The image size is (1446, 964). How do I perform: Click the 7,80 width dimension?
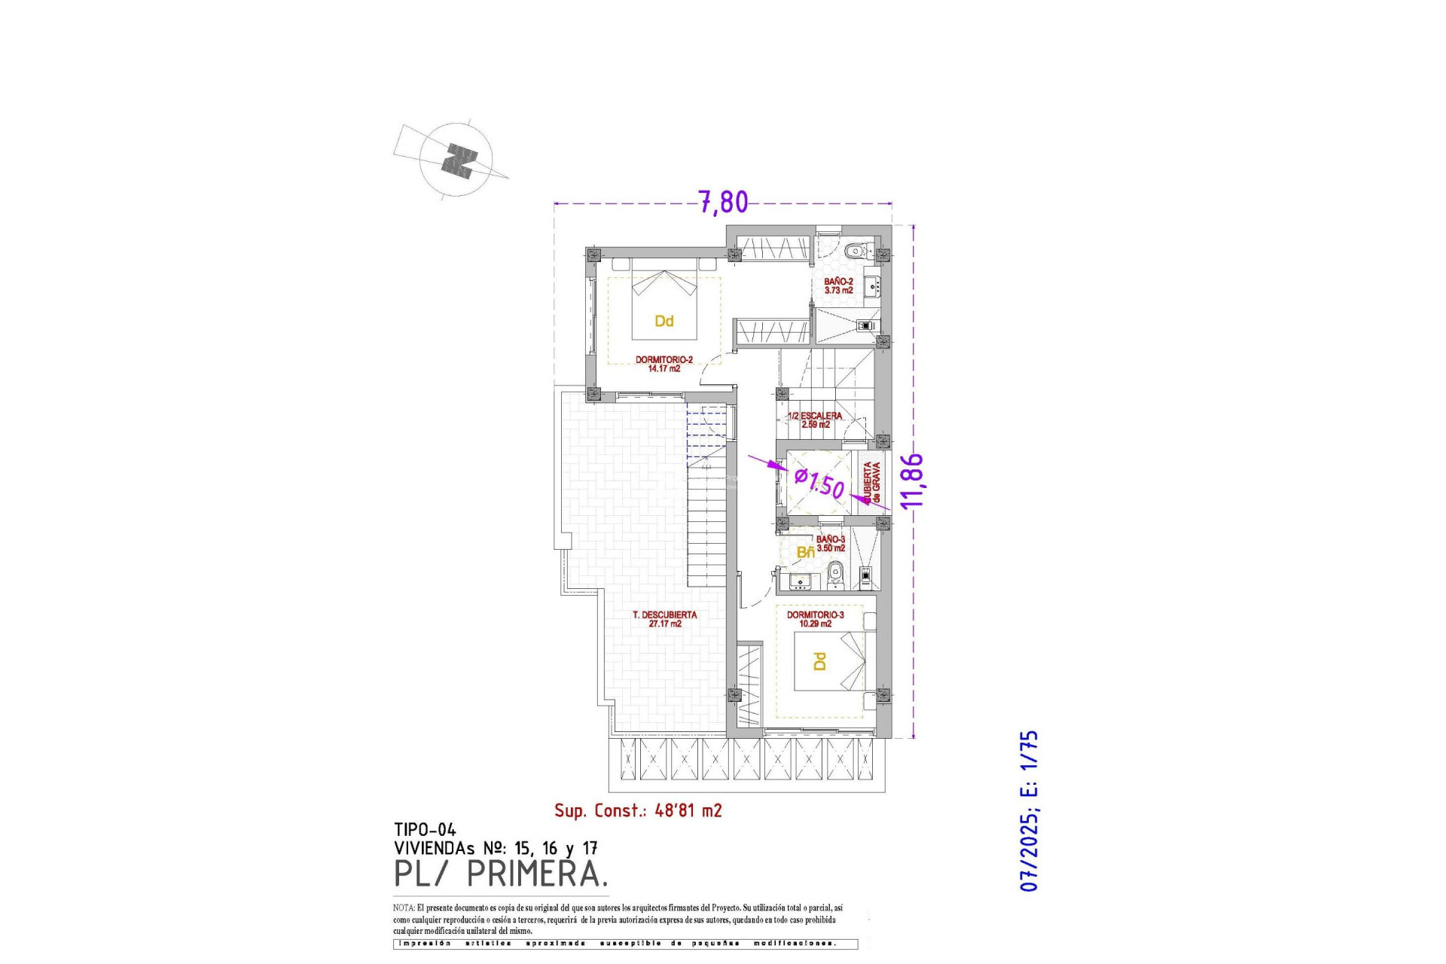pos(723,202)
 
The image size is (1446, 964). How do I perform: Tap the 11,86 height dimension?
pos(912,480)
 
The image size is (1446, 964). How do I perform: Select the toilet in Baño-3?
pos(834,577)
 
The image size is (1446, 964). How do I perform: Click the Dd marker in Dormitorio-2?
pos(664,321)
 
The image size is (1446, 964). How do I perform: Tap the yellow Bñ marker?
pos(805,552)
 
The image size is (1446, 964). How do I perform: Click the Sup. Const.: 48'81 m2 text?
pos(638,810)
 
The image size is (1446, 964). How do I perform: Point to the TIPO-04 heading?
pos(425,829)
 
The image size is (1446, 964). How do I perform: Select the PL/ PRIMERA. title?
pos(501,874)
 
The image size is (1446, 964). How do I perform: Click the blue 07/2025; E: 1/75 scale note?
pos(1029,810)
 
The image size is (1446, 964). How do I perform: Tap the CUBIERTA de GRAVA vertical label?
pos(871,482)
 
